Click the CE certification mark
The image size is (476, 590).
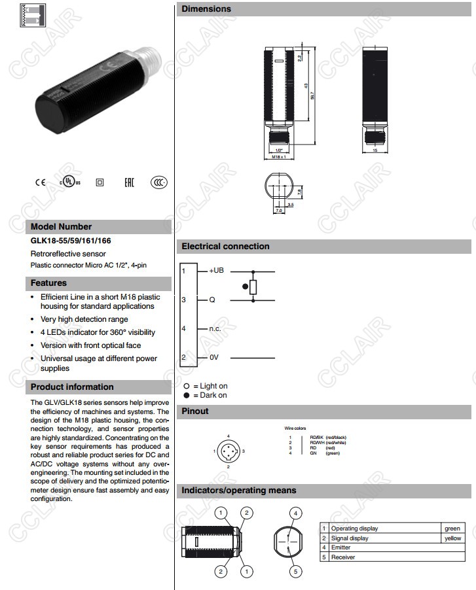point(40,182)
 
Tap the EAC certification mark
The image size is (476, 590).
point(129,182)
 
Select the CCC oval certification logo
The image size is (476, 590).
point(158,182)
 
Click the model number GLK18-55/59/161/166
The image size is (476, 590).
point(71,241)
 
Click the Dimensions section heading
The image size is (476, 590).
point(206,9)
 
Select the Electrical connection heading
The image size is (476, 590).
point(225,247)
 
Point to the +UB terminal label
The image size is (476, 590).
point(217,270)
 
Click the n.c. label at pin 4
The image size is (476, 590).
point(215,328)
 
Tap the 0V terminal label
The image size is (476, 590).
point(213,358)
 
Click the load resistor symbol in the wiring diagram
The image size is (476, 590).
point(253,286)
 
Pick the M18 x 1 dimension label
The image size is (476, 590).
point(279,157)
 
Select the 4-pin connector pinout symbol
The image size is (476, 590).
point(229,451)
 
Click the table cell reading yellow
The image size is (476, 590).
point(452,538)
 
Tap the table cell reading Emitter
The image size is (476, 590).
point(340,547)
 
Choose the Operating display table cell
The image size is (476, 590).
point(354,529)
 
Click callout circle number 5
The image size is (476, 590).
point(295,572)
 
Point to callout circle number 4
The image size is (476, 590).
point(295,513)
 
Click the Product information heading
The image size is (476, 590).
point(72,387)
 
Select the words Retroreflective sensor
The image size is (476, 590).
point(68,253)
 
